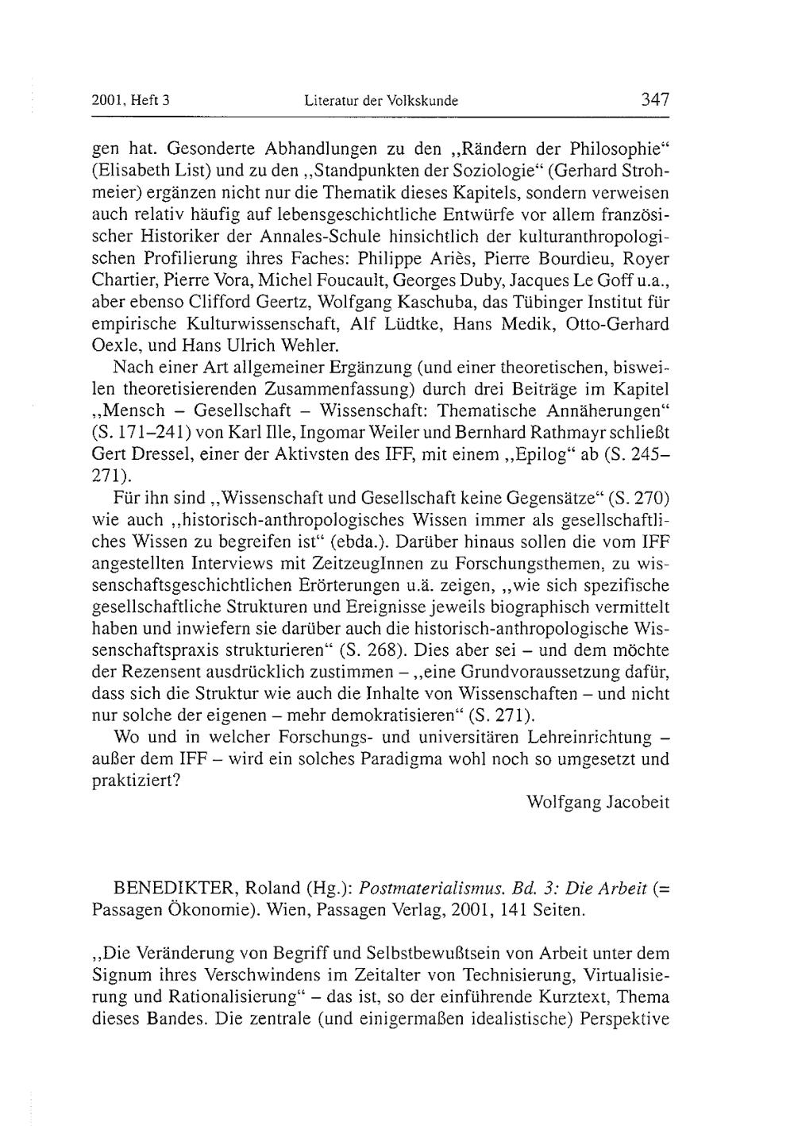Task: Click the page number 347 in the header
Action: (655, 100)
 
